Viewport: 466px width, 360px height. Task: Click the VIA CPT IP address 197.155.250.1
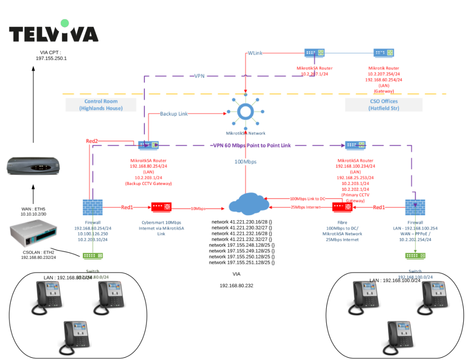click(51, 58)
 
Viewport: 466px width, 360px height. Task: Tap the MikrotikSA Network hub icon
click(245, 112)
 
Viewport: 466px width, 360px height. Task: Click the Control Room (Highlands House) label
click(101, 105)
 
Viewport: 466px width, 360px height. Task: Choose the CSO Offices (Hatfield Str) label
click(383, 105)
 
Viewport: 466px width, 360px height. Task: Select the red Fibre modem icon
click(342, 206)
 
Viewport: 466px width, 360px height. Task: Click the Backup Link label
click(174, 114)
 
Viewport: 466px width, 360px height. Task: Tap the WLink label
click(255, 54)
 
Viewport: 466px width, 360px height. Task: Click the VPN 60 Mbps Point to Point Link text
click(252, 145)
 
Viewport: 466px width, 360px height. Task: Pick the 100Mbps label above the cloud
click(245, 162)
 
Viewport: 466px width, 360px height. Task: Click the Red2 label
click(92, 141)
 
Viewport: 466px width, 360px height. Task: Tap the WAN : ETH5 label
click(33, 209)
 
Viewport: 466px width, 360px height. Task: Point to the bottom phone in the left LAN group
click(77, 335)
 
